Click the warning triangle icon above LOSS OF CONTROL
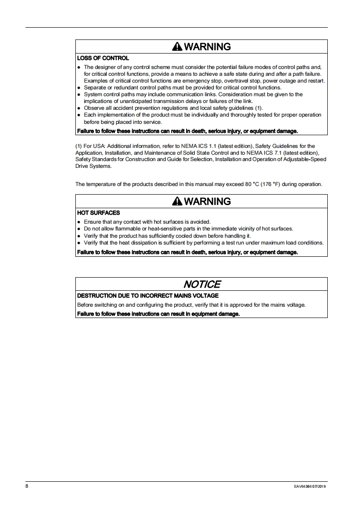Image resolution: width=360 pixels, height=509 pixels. [177, 47]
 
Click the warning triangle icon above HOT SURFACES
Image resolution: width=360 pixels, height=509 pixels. [177, 201]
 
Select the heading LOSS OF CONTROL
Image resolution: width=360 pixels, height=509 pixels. [103, 58]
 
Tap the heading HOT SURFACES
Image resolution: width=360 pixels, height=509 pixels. [99, 213]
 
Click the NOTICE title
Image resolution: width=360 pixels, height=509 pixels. [202, 284]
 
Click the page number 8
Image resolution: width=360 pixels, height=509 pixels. [27, 486]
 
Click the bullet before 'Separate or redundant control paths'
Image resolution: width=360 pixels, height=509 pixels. [79, 88]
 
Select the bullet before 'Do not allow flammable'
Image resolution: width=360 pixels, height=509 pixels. [79, 229]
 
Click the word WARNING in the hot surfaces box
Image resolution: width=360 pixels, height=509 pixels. [208, 201]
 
